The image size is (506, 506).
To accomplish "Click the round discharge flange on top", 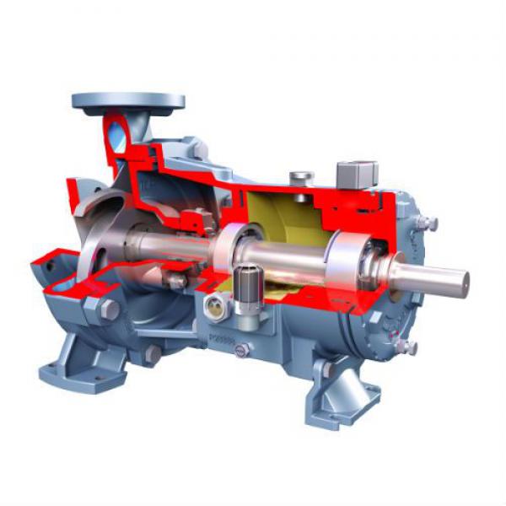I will coord(128,101).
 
